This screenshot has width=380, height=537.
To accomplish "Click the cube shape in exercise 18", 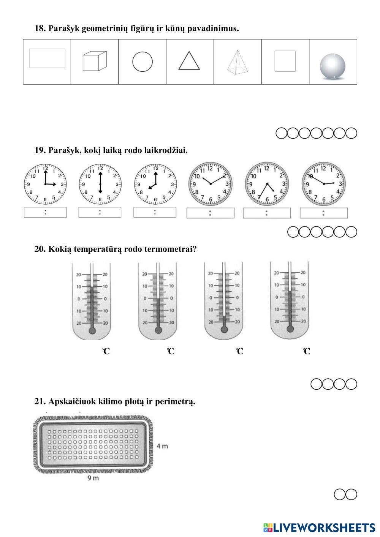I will tap(94, 62).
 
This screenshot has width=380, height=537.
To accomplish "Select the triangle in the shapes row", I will tap(189, 62).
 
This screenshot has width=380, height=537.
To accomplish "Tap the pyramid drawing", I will tap(237, 62).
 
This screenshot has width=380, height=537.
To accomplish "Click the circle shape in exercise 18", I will tap(142, 62).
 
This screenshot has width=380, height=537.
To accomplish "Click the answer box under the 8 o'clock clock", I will tap(155, 212).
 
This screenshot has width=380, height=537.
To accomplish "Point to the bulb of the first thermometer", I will tap(92, 330).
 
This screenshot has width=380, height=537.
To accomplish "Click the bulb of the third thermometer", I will tap(224, 329).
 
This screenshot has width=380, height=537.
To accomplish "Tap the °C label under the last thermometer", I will tap(307, 352).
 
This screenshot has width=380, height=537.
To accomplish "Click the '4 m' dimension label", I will tap(162, 446).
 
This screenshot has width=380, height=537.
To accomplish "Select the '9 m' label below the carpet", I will tap(93, 478).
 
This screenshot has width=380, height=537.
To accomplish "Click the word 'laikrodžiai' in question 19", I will tap(166, 150).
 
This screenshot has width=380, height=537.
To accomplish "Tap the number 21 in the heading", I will tap(40, 401).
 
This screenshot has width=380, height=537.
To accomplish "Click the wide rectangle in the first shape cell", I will tap(47, 58).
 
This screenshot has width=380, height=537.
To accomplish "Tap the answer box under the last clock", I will tap(323, 213).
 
